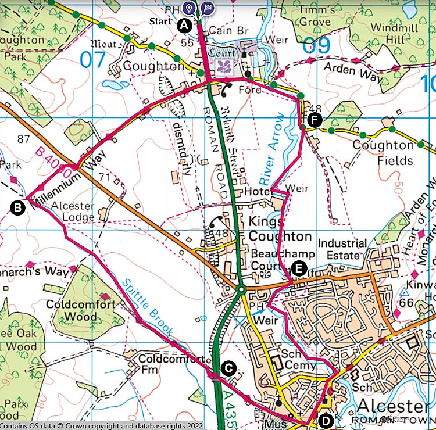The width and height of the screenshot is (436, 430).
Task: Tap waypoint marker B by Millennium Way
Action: [18, 206]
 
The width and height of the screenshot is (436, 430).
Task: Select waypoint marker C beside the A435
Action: [228, 368]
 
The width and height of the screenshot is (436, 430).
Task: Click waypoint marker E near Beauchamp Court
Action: [298, 268]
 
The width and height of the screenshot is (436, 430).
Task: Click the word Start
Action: [161, 21]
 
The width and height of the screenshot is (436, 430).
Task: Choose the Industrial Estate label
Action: [342, 250]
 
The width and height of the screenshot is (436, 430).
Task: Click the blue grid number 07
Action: [94, 58]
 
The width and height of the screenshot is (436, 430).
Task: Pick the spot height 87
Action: [24, 139]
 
